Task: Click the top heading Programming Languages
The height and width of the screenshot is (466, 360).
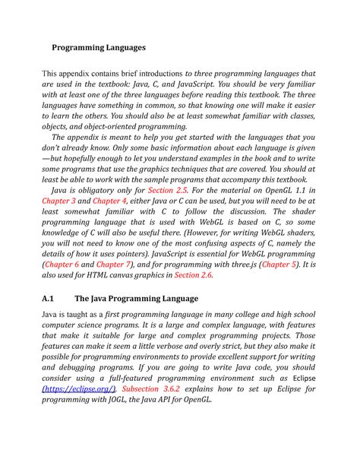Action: click(98, 47)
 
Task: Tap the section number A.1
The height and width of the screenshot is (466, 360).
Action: click(50, 299)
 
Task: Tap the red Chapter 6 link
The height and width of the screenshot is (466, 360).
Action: click(66, 264)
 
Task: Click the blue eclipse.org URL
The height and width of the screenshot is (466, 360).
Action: click(71, 388)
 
